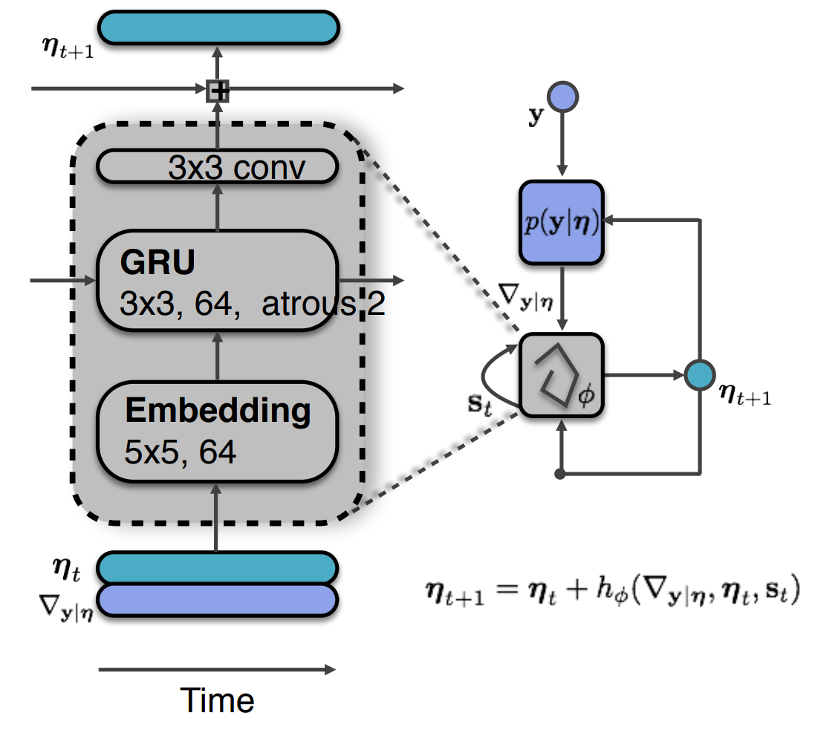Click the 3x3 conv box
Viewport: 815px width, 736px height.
click(218, 167)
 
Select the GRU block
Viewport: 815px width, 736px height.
click(218, 280)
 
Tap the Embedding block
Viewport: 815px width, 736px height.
click(218, 430)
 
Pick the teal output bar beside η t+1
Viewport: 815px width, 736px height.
click(218, 27)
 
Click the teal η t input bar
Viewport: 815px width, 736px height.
click(218, 567)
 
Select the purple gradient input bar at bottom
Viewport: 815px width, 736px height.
click(218, 600)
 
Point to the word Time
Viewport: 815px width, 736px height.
click(218, 700)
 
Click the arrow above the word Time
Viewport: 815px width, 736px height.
click(217, 669)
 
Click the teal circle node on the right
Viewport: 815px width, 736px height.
click(700, 375)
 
